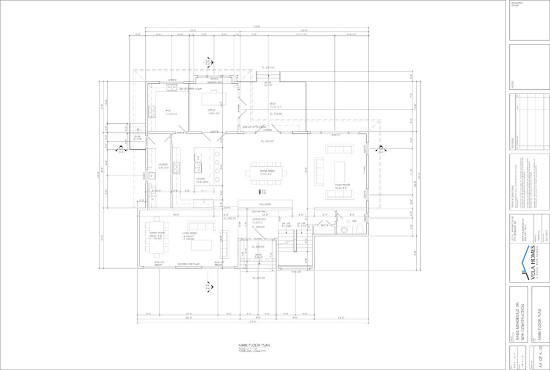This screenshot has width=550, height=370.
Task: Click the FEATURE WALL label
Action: click(x=260, y=211)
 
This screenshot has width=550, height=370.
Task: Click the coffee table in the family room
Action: click(x=339, y=171)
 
